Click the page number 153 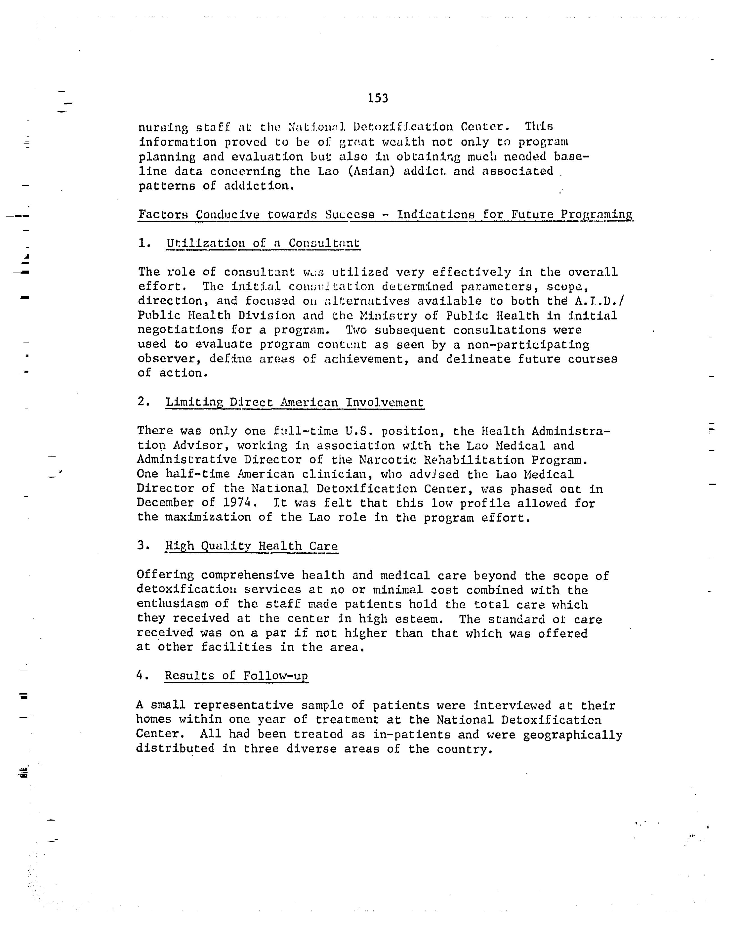pyautogui.click(x=378, y=99)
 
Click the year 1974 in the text pyautogui.click(x=237, y=503)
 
